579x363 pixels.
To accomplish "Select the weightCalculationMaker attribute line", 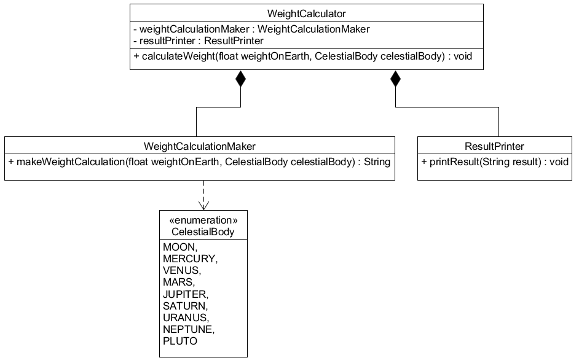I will coord(251,29).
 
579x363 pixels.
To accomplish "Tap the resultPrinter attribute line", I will coord(198,41).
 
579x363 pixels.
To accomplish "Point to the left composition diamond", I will coord(240,79).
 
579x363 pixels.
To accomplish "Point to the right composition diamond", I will coord(395,79).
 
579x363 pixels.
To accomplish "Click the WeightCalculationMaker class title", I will coord(199,146).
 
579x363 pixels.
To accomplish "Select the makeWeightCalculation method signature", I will coord(199,162).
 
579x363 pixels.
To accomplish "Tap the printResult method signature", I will coord(495,162).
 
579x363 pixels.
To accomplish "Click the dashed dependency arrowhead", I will coord(203,205).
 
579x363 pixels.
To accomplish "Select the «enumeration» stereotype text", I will coord(203,220).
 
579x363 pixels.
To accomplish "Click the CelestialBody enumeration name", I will coord(203,232).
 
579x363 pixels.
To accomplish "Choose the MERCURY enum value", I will coord(190,259).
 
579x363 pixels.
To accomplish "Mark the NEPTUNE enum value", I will coord(188,329).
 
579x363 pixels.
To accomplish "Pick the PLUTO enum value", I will coord(180,341).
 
